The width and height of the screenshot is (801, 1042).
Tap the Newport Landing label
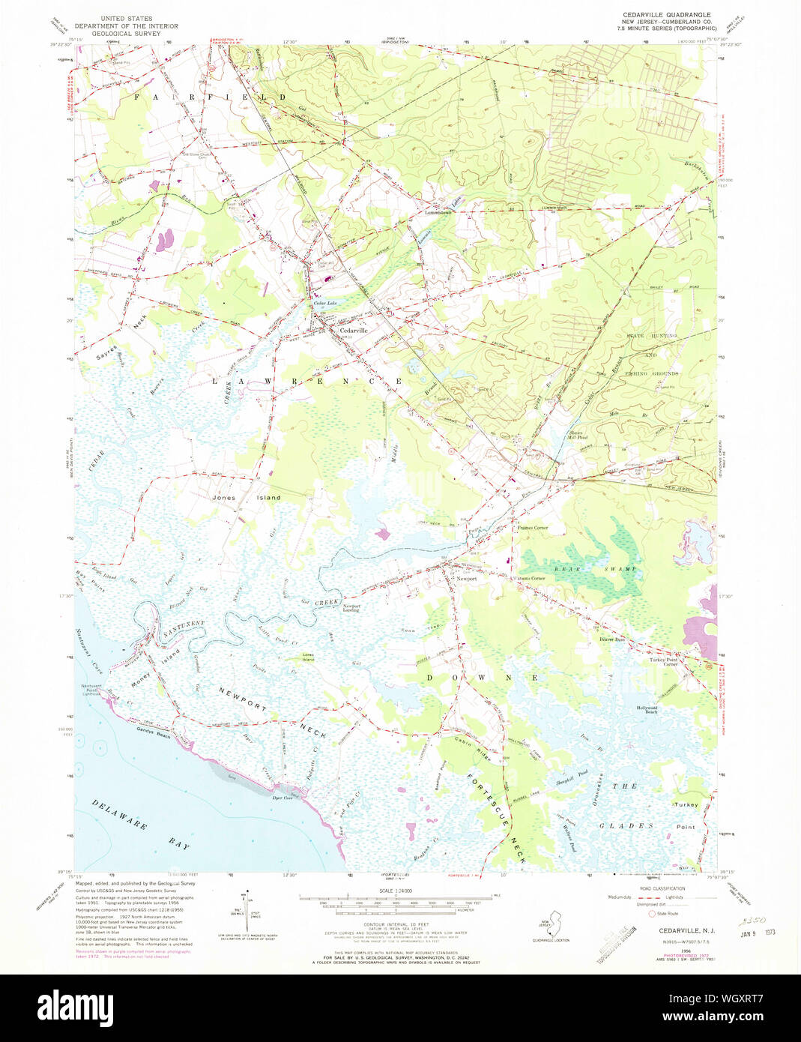[351, 608]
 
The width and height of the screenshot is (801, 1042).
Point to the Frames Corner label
[532, 528]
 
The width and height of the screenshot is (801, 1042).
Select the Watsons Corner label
[528, 579]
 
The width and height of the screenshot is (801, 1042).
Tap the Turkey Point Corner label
[663, 662]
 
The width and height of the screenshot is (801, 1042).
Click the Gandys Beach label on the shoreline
[154, 733]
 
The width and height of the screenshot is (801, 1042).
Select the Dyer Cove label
[282, 798]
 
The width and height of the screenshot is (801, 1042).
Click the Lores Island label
[308, 657]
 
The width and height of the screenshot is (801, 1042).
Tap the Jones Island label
[247, 497]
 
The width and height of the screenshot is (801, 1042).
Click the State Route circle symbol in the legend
[652, 914]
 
